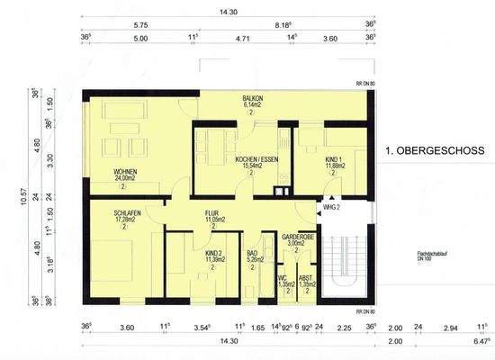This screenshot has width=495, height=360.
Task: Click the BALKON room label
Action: pyautogui.click(x=252, y=97)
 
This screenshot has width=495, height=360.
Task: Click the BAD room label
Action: pyautogui.click(x=254, y=254)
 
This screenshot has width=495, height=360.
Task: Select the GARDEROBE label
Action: pyautogui.click(x=296, y=236)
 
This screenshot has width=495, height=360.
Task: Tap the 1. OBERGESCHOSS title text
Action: pyautogui.click(x=435, y=150)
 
